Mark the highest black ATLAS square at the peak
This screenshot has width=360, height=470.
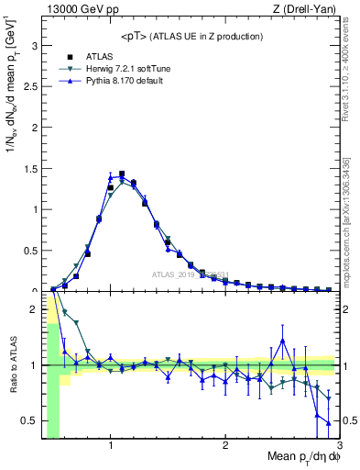coord(122,173)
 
